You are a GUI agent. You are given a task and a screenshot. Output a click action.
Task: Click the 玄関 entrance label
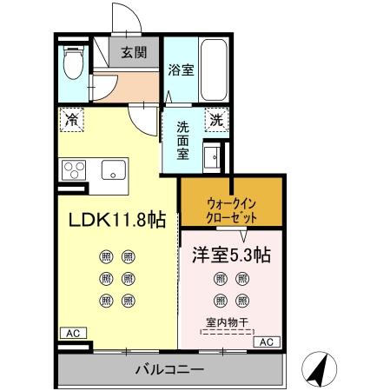click(x=133, y=52)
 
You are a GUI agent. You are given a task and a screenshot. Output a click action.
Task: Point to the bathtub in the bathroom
click(x=214, y=69)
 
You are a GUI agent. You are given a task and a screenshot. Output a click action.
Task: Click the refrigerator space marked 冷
click(x=70, y=119)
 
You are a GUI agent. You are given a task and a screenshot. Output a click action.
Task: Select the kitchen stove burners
click(x=73, y=169)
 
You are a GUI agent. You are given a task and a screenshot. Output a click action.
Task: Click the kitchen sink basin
click(x=114, y=169)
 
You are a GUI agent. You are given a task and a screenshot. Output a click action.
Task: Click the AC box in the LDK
click(x=70, y=333)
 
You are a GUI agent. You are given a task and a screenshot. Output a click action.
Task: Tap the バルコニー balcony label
click(x=169, y=370)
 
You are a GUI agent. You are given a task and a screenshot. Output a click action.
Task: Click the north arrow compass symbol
click(x=318, y=371)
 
